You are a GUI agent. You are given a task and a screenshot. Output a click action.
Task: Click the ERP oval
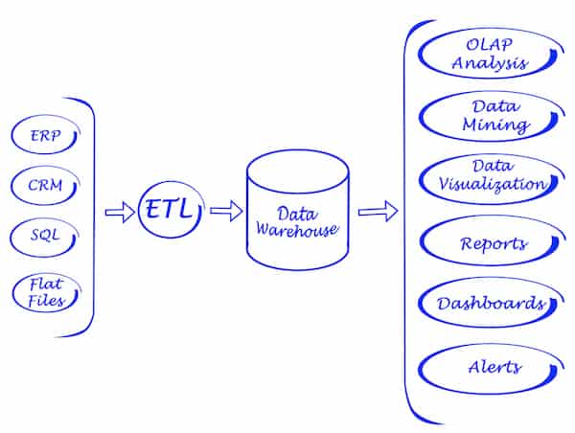[x=45, y=136]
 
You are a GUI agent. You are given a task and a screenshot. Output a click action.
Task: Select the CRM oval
[x=45, y=185]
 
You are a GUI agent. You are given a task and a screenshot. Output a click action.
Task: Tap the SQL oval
[x=44, y=236]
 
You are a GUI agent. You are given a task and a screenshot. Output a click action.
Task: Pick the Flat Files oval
[x=44, y=292]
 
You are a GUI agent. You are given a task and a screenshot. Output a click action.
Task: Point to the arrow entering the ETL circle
[x=120, y=212]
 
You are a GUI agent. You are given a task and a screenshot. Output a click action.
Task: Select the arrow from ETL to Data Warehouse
[x=225, y=211]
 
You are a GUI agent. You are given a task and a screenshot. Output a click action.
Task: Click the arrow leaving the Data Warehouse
[x=378, y=211]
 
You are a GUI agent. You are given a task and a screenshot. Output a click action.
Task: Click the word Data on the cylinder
[x=296, y=213]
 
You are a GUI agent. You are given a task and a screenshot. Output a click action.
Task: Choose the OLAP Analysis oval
[x=492, y=54]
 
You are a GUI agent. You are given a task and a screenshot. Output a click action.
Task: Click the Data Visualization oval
[x=490, y=174]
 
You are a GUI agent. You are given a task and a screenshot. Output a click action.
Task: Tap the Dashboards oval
[x=491, y=304]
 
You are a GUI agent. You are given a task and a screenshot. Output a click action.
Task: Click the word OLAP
[x=492, y=44]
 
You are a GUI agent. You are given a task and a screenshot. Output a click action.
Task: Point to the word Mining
[x=494, y=125]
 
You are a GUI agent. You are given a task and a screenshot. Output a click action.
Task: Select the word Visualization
[x=491, y=184]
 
